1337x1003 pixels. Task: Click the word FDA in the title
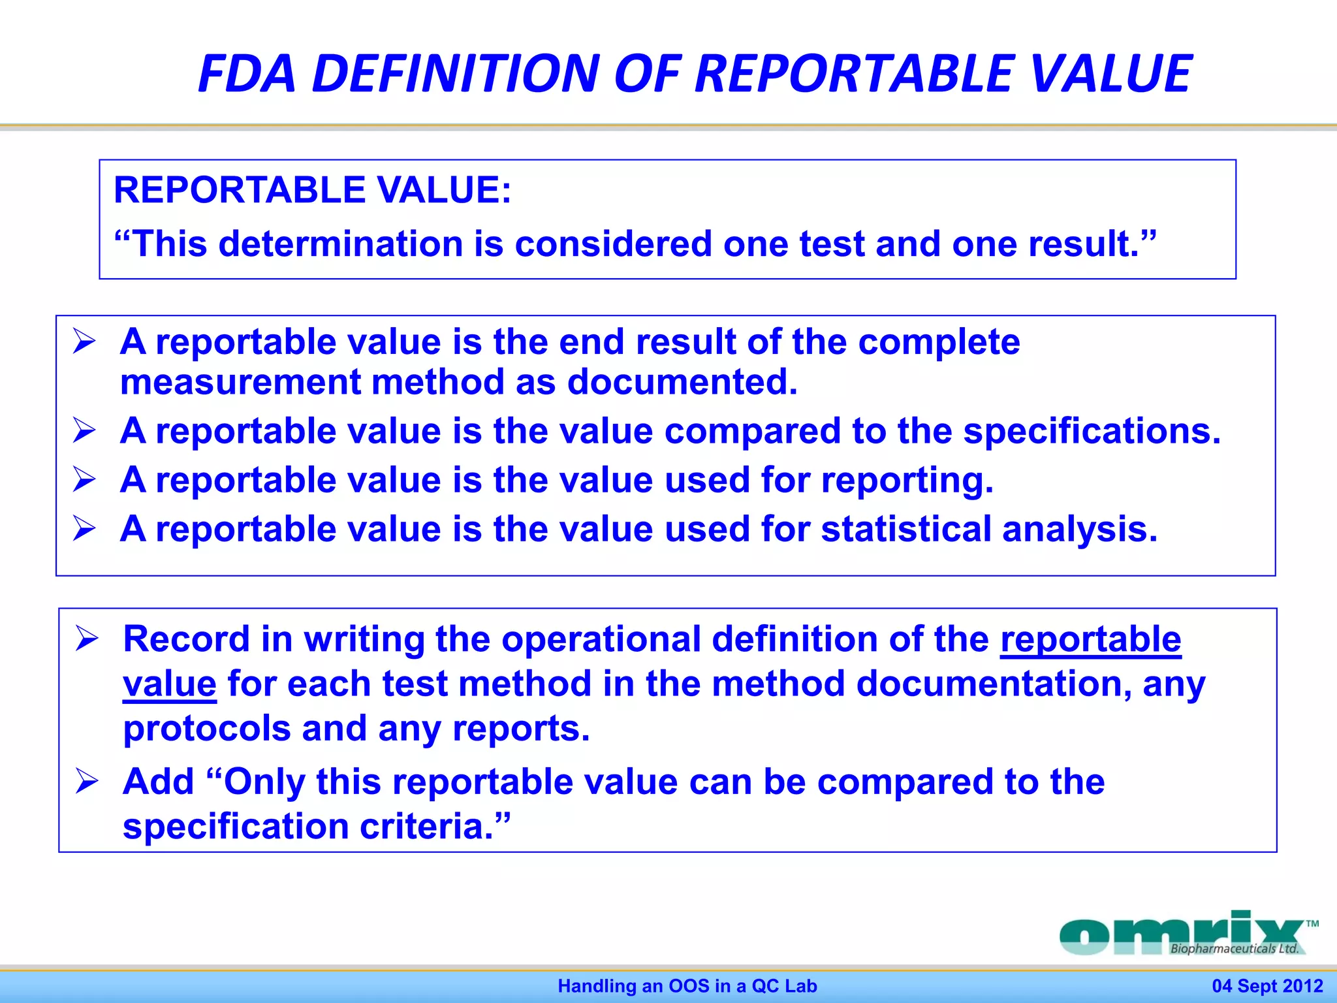point(247,73)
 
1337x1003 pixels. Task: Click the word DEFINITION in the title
point(456,73)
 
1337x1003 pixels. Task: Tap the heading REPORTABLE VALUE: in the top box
point(312,190)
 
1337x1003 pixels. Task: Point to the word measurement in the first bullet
point(240,382)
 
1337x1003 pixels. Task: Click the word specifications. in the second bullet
point(1092,432)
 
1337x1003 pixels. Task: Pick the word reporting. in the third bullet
point(907,481)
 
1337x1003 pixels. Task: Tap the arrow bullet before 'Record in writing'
point(86,639)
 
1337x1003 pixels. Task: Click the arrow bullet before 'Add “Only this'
point(86,781)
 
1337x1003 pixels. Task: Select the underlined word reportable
point(1090,639)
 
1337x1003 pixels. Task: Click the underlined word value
point(170,684)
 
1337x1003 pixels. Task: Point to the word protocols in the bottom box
point(206,729)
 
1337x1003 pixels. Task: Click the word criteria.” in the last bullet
point(435,827)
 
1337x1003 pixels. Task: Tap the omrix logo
point(1182,934)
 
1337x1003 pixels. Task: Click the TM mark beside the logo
point(1312,924)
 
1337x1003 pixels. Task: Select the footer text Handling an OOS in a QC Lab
point(687,986)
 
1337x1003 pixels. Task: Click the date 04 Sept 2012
point(1267,986)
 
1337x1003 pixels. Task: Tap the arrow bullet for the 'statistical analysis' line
point(84,528)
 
